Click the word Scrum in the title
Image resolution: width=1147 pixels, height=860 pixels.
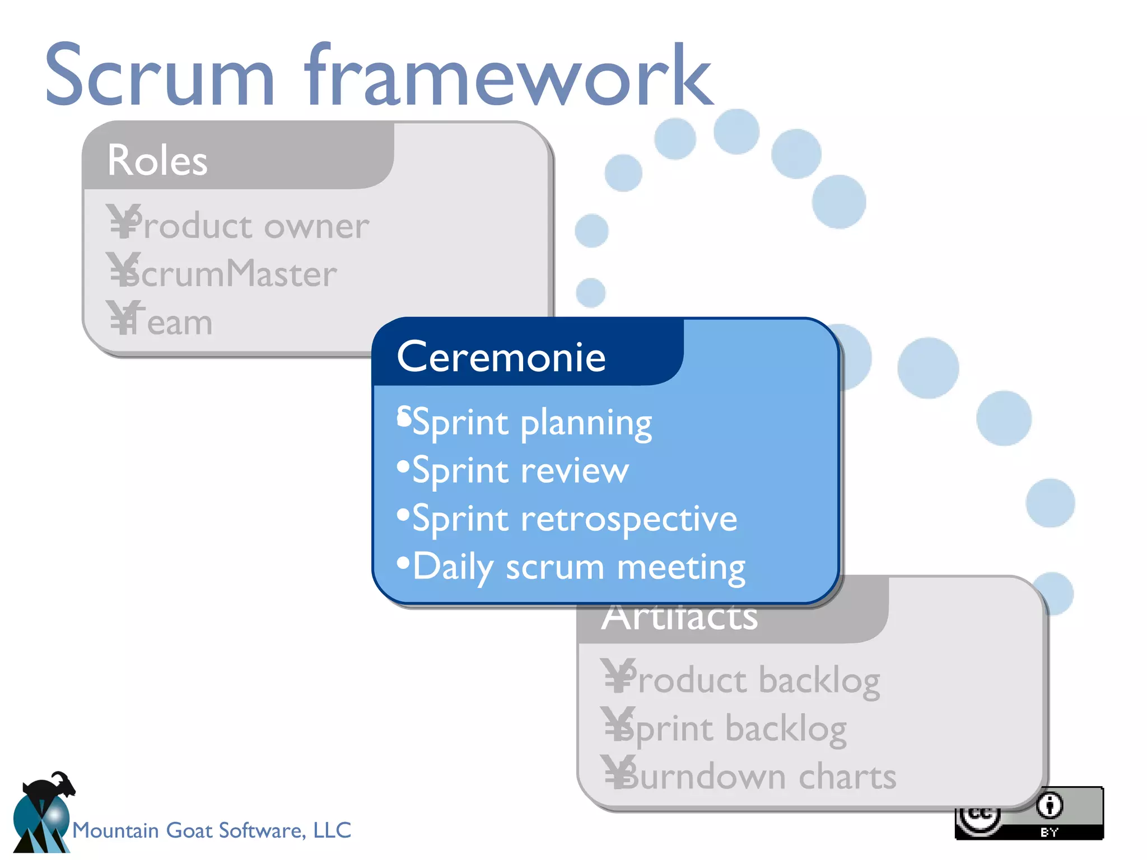pyautogui.click(x=160, y=76)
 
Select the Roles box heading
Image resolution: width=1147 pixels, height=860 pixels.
pyautogui.click(x=157, y=160)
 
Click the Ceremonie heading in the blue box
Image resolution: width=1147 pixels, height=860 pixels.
pyautogui.click(x=501, y=357)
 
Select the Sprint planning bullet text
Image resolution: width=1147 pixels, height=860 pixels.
pyautogui.click(x=532, y=423)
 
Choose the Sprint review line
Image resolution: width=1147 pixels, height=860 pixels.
pyautogui.click(x=520, y=470)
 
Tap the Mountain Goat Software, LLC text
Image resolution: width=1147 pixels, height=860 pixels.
pyautogui.click(x=212, y=830)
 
